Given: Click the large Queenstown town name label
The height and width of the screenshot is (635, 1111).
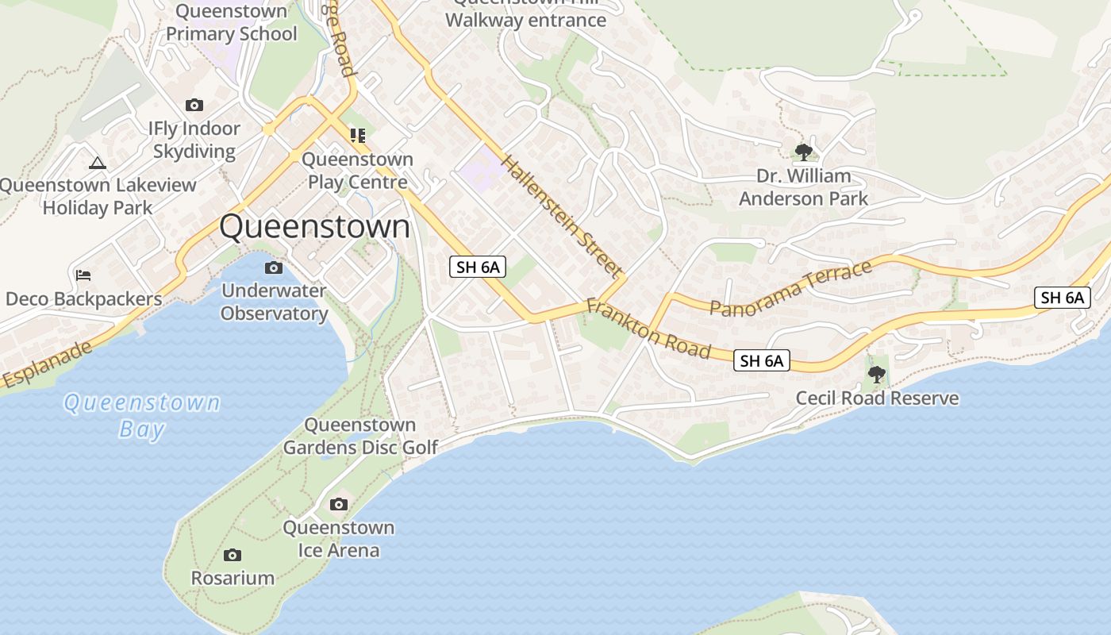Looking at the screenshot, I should pos(314,227).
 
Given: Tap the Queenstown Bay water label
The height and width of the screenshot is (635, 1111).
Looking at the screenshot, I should pos(142,416).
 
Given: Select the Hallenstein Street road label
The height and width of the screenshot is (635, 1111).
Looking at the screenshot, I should pos(561,217).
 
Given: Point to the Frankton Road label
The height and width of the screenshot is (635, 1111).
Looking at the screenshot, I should pos(648,327).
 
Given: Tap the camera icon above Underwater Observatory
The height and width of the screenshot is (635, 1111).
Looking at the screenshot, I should pos(274,267).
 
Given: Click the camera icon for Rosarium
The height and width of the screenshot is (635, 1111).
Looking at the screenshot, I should pos(233,555).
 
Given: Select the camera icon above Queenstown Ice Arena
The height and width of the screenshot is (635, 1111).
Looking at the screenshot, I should pos(339,504).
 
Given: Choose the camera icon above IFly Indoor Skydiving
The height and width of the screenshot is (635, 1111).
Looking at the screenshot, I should pos(194,105).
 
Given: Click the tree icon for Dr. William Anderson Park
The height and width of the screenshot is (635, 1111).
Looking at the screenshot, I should pos(803,152).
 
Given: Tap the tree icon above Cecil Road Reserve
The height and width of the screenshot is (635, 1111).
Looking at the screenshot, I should pos(877,374).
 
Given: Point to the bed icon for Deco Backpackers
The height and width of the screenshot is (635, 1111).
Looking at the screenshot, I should pos(83,275).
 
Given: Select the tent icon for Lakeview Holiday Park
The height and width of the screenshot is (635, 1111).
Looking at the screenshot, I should pos(98,164).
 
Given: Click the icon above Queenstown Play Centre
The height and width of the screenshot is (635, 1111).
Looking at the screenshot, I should pos(358,136).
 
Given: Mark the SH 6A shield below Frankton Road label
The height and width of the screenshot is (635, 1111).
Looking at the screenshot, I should pos(761,361).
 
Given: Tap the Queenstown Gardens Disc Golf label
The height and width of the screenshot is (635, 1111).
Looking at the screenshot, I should pos(360,437).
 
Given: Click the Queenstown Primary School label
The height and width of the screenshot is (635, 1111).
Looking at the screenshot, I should pos(231,23).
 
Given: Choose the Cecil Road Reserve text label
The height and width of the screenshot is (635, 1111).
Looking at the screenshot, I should pos(877,398).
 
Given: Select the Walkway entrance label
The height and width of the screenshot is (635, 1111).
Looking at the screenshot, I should pos(525,19).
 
